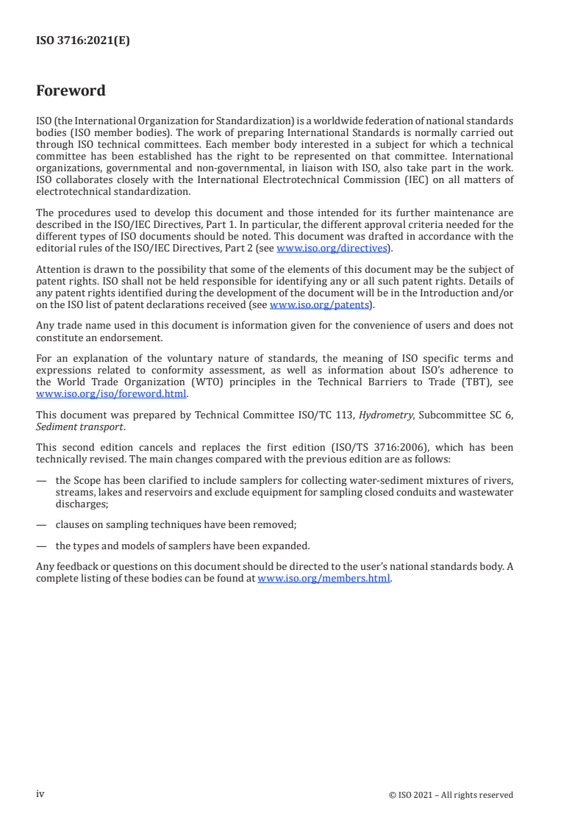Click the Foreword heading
coord(71,91)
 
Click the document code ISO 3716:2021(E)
coord(82,41)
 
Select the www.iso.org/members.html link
coord(324,578)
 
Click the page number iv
coord(40,794)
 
